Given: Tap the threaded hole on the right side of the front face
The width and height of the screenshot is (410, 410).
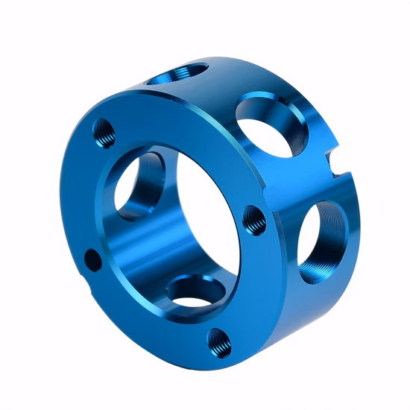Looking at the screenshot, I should point(253,219).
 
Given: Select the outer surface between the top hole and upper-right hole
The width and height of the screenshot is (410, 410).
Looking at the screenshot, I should point(224,86).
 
